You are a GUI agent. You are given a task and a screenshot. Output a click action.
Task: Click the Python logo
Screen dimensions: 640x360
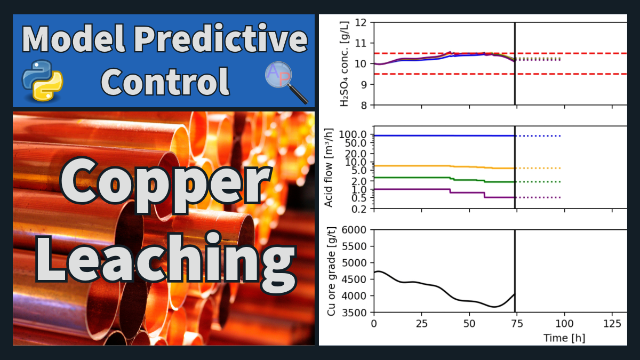(x=43, y=81)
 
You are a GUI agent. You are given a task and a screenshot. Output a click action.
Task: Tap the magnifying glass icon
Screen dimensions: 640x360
(x=286, y=82)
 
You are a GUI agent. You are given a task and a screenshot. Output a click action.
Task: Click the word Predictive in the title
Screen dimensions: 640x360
(x=221, y=38)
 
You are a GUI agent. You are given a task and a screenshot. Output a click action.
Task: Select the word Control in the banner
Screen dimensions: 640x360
(x=165, y=82)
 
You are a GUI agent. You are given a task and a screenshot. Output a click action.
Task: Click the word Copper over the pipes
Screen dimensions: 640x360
(x=166, y=185)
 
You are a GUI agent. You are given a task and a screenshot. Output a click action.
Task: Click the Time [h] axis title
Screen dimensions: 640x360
(x=564, y=338)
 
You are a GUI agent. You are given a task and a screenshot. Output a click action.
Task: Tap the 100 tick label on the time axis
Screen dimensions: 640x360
(x=564, y=324)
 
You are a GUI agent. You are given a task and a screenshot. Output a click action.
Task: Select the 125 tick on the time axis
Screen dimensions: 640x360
(x=612, y=324)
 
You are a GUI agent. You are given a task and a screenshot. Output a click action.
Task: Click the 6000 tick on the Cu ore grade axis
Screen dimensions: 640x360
(x=354, y=230)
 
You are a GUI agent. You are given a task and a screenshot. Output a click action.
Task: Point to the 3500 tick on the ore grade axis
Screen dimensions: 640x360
(x=354, y=313)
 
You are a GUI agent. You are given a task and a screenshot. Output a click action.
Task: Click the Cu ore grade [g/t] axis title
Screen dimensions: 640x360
(x=331, y=271)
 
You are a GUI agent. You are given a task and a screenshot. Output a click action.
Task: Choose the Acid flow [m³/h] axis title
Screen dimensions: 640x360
(x=329, y=167)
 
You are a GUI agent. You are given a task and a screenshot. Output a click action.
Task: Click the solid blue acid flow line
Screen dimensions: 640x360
(x=444, y=135)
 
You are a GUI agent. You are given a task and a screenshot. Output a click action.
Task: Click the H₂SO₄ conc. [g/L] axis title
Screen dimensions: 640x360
(x=345, y=63)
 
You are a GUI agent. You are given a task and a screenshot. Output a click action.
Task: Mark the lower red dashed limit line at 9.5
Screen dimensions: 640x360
(x=501, y=74)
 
